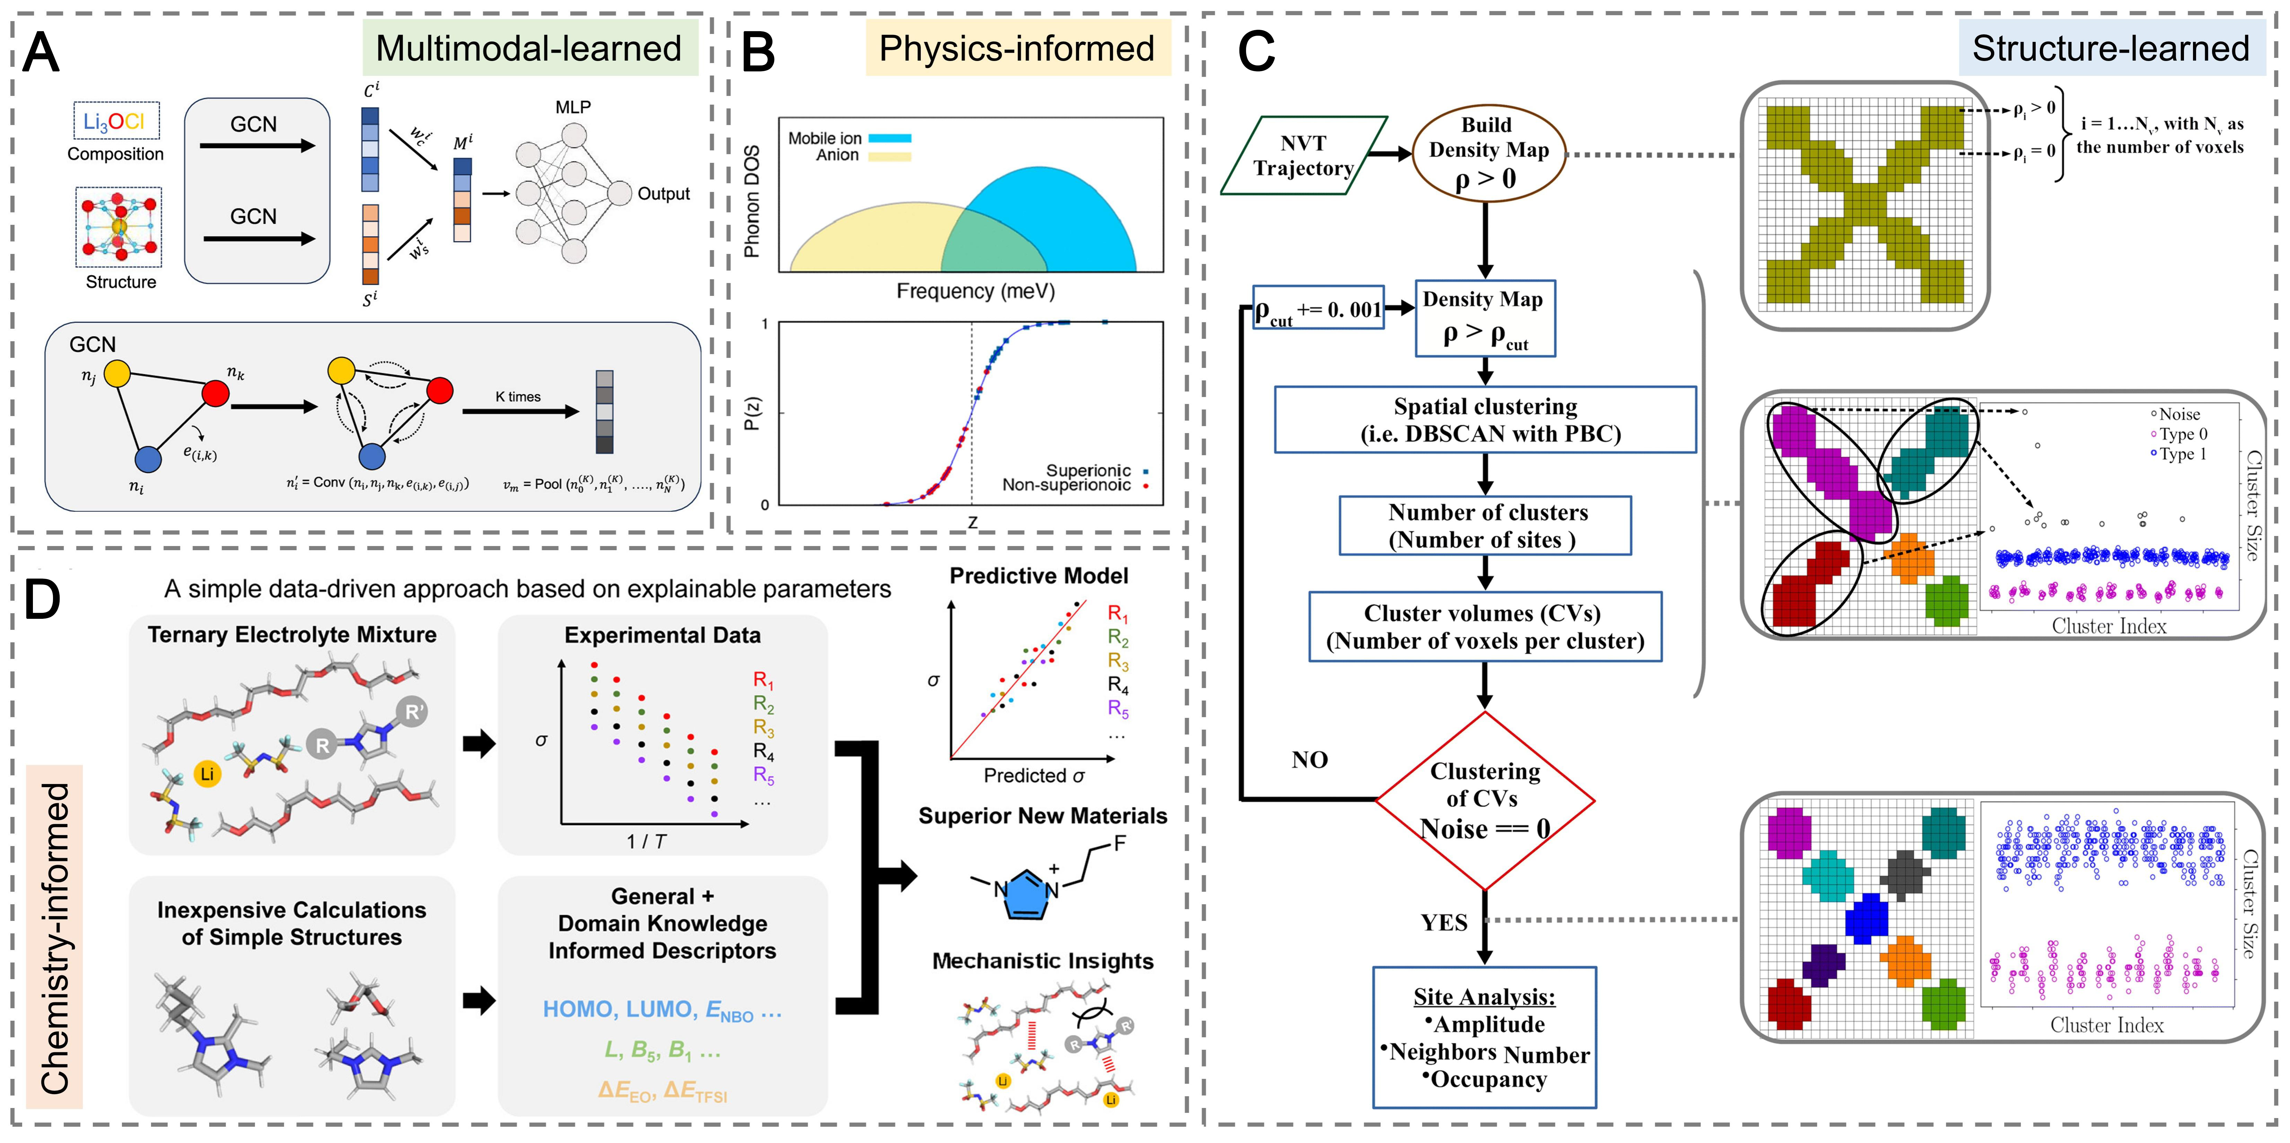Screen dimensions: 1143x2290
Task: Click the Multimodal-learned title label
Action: [x=529, y=49]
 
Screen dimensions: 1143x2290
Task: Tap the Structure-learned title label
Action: [x=2111, y=49]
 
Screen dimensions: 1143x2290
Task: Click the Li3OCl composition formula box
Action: [x=116, y=121]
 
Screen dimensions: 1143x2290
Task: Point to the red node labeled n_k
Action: [x=215, y=392]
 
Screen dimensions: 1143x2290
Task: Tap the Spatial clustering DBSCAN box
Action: [x=1485, y=420]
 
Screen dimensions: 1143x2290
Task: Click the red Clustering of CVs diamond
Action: [x=1485, y=800]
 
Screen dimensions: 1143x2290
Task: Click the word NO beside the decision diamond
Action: [x=1309, y=760]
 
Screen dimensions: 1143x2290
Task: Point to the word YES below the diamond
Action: [x=1444, y=923]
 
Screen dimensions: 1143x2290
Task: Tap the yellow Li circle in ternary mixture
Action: [x=207, y=773]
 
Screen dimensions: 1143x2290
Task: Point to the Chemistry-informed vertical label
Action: [x=55, y=938]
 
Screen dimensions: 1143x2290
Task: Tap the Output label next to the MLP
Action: [x=663, y=194]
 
